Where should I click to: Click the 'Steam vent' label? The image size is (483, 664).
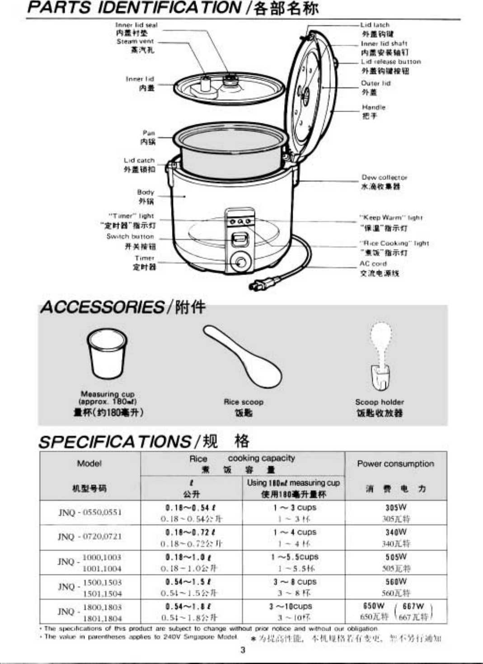pyautogui.click(x=135, y=42)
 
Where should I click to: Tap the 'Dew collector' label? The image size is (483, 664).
pyautogui.click(x=384, y=178)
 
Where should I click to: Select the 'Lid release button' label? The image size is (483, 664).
pyautogui.click(x=390, y=62)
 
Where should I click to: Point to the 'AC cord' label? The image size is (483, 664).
pyautogui.click(x=373, y=264)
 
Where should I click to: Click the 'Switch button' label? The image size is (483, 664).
pyautogui.click(x=130, y=236)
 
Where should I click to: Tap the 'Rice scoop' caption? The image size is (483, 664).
pyautogui.click(x=243, y=402)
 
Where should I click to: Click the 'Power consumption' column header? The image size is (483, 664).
pyautogui.click(x=395, y=464)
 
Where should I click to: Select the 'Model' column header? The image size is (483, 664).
pyautogui.click(x=89, y=464)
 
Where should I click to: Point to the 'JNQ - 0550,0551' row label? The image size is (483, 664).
pyautogui.click(x=90, y=512)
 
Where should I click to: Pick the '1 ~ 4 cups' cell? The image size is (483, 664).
pyautogui.click(x=294, y=532)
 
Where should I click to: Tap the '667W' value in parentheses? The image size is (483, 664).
pyautogui.click(x=413, y=606)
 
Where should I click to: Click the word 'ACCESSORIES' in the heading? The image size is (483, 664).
pyautogui.click(x=102, y=307)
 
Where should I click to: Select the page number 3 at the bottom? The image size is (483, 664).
pyautogui.click(x=243, y=650)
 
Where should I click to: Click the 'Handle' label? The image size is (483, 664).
pyautogui.click(x=374, y=108)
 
